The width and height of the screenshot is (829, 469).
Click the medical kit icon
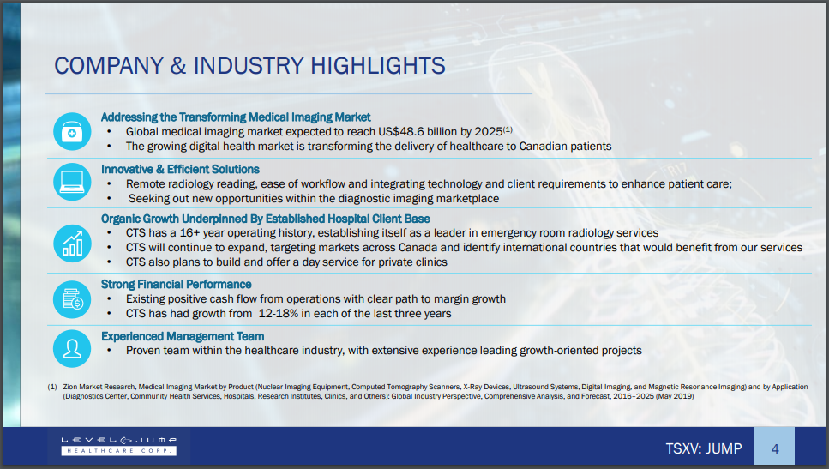72,132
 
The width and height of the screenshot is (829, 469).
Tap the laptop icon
72,182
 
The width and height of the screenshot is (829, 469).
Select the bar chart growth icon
72,244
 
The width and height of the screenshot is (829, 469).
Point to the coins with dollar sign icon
72,299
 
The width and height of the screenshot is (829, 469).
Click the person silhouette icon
72,348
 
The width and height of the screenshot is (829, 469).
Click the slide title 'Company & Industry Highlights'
249,66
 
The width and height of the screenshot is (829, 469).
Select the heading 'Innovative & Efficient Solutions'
180,169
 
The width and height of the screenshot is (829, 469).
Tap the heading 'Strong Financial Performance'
176,285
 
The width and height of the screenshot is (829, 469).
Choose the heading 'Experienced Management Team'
183,336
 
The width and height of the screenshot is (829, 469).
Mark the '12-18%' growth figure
278,314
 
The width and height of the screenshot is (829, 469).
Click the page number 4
774,449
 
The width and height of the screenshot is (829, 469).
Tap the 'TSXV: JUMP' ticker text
704,449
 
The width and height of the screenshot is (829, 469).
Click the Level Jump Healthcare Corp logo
119,446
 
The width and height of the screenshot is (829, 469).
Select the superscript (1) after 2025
508,129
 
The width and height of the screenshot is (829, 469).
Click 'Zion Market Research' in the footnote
99,387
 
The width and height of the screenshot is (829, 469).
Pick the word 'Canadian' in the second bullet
542,147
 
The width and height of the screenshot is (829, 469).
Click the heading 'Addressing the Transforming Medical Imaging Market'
236,117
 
